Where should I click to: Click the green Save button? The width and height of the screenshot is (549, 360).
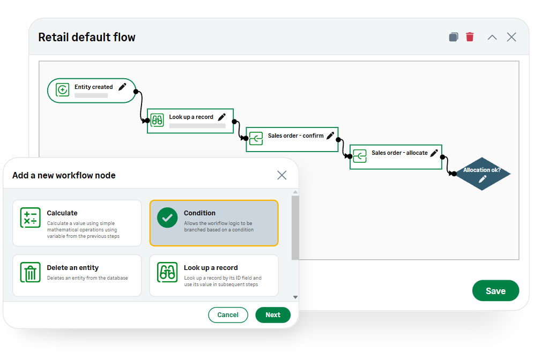click(x=495, y=291)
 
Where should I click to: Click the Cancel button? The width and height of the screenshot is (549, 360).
click(x=228, y=315)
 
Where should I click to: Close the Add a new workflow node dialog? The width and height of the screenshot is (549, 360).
click(x=282, y=175)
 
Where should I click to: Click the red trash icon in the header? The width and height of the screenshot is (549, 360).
click(x=470, y=37)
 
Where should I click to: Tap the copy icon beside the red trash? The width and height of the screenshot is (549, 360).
click(x=454, y=37)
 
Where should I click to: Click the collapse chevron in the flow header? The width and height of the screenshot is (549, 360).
click(x=492, y=37)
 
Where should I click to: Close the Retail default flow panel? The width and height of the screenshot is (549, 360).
click(x=511, y=37)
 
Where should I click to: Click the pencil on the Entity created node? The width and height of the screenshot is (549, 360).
click(x=122, y=87)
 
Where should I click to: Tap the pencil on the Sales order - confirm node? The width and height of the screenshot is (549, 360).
click(x=330, y=136)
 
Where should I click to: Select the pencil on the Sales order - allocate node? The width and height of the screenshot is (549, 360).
click(x=434, y=153)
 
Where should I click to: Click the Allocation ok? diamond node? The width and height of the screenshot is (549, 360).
click(x=482, y=174)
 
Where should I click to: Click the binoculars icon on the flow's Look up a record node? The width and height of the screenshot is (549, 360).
click(x=157, y=121)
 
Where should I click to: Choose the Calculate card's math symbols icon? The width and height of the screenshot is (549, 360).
click(x=31, y=217)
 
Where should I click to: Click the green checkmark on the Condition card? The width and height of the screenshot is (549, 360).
click(x=167, y=217)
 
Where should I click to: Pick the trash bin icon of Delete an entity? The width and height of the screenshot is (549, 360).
click(x=31, y=272)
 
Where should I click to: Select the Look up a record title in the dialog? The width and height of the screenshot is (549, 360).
click(x=211, y=268)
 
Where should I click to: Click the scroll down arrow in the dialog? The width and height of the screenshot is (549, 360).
click(x=295, y=297)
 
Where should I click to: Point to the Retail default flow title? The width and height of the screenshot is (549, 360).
click(x=87, y=37)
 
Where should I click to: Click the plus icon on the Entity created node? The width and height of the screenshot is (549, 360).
click(x=62, y=90)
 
